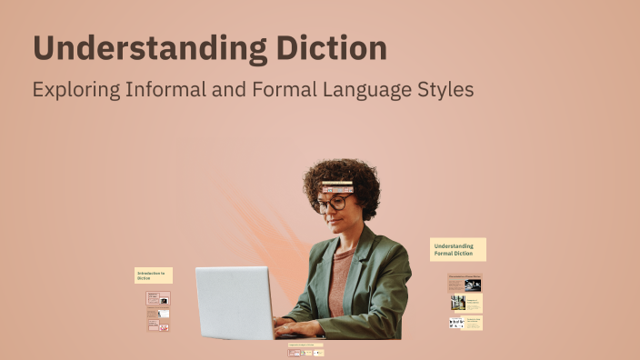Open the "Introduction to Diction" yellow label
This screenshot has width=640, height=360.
(153, 275)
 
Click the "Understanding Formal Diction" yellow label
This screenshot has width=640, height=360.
(457, 249)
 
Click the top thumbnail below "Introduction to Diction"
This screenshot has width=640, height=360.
(157, 298)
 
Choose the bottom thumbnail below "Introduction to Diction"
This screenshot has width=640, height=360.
(157, 325)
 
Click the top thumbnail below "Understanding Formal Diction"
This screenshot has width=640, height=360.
(465, 284)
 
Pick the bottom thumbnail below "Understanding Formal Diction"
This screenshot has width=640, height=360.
(465, 322)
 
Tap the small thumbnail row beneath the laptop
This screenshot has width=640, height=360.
(305, 352)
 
